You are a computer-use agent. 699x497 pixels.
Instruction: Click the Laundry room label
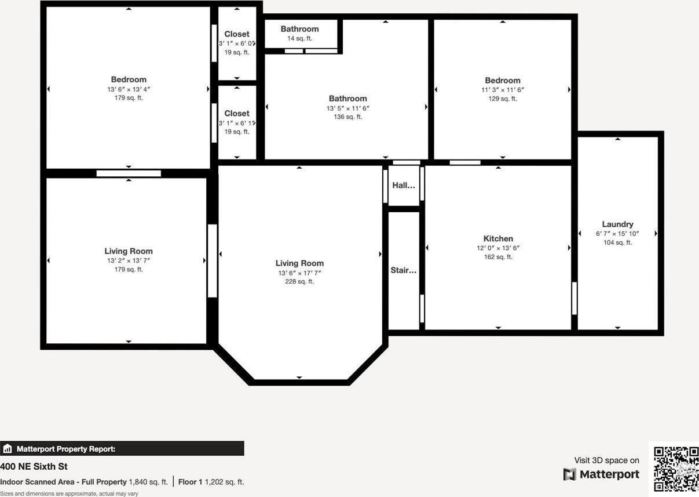pyautogui.click(x=617, y=224)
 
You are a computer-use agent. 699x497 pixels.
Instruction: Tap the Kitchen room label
pyautogui.click(x=498, y=238)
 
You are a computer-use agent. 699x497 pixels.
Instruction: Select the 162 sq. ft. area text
pyautogui.click(x=498, y=257)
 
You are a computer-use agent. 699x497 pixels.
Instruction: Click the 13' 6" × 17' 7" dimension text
pyautogui.click(x=299, y=273)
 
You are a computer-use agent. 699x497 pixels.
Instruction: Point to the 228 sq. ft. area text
pyautogui.click(x=299, y=282)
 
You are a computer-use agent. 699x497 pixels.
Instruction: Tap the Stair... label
pyautogui.click(x=404, y=270)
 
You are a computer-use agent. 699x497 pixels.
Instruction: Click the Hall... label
pyautogui.click(x=404, y=186)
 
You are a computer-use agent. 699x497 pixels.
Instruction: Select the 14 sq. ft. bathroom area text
pyautogui.click(x=299, y=38)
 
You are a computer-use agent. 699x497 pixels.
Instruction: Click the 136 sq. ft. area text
pyautogui.click(x=347, y=117)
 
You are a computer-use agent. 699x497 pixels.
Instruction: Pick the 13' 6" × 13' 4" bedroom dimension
pyautogui.click(x=129, y=89)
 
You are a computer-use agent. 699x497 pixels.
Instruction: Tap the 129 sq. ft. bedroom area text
pyautogui.click(x=502, y=99)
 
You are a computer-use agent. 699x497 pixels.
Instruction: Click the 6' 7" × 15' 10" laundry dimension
pyautogui.click(x=617, y=234)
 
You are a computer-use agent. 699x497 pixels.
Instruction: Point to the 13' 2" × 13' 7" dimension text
pyautogui.click(x=129, y=260)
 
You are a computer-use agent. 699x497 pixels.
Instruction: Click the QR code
pyautogui.click(x=676, y=469)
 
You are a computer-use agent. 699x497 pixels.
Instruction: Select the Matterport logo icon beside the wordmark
pyautogui.click(x=569, y=474)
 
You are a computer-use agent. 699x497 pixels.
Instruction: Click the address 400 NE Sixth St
pyautogui.click(x=34, y=466)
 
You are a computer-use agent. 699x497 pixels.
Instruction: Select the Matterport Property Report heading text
pyautogui.click(x=66, y=449)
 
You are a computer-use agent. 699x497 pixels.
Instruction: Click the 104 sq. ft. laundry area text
pyautogui.click(x=617, y=243)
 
